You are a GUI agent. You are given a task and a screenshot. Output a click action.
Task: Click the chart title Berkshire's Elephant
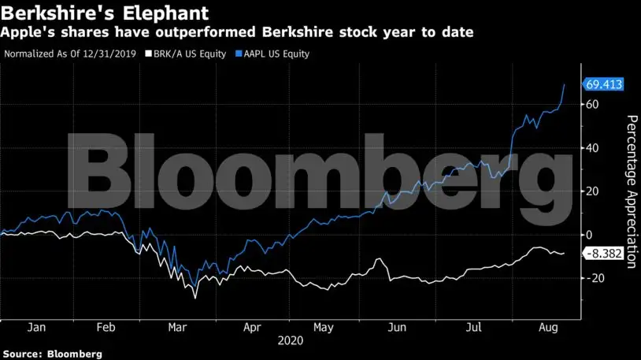tap(105, 13)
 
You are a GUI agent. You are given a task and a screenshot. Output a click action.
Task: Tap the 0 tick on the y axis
tap(588, 235)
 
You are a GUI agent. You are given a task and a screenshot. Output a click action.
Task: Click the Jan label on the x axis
tap(35, 326)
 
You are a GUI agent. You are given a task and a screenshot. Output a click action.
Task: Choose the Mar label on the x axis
tap(179, 326)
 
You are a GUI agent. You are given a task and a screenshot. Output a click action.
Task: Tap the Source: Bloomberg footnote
tap(52, 354)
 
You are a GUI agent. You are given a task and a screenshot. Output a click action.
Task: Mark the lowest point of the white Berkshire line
tap(195, 298)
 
